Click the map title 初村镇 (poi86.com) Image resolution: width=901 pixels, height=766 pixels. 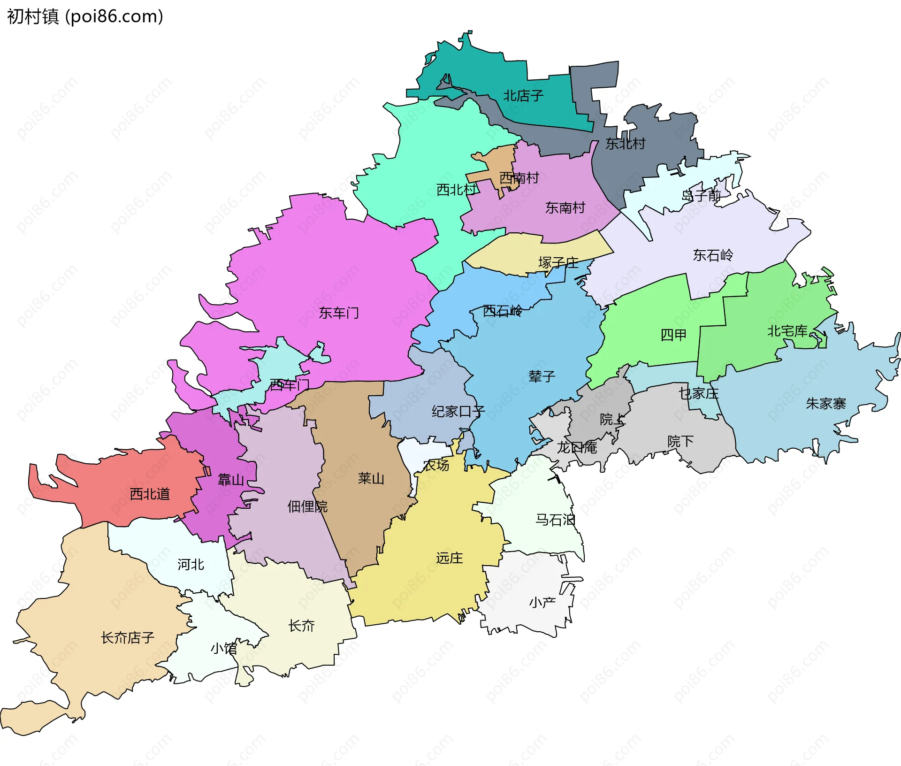(x=85, y=16)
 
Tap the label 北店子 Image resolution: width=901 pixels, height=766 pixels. (x=523, y=96)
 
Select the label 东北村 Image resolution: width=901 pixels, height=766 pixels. (x=625, y=144)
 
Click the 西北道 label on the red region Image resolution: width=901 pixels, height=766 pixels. (x=149, y=494)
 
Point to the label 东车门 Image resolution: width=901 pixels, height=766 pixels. (x=339, y=313)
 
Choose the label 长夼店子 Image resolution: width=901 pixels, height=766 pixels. (x=128, y=637)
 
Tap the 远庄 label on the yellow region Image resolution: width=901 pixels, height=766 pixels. (x=449, y=558)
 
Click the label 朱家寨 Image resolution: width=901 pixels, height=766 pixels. (x=825, y=403)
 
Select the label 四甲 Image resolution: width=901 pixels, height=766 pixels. (x=673, y=335)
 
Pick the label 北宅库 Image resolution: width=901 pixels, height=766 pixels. (x=787, y=331)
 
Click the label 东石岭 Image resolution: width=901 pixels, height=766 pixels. (x=713, y=255)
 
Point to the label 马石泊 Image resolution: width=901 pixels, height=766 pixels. (x=555, y=520)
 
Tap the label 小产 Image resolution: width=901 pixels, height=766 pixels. (x=542, y=602)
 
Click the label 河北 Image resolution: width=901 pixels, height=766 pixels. (x=191, y=564)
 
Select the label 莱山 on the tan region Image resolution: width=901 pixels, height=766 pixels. (x=371, y=478)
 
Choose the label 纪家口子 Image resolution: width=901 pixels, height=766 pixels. (x=458, y=412)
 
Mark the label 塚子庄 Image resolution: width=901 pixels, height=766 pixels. (x=558, y=262)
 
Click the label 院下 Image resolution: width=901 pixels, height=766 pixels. (x=680, y=441)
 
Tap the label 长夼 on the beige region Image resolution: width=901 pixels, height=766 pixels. (x=301, y=625)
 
